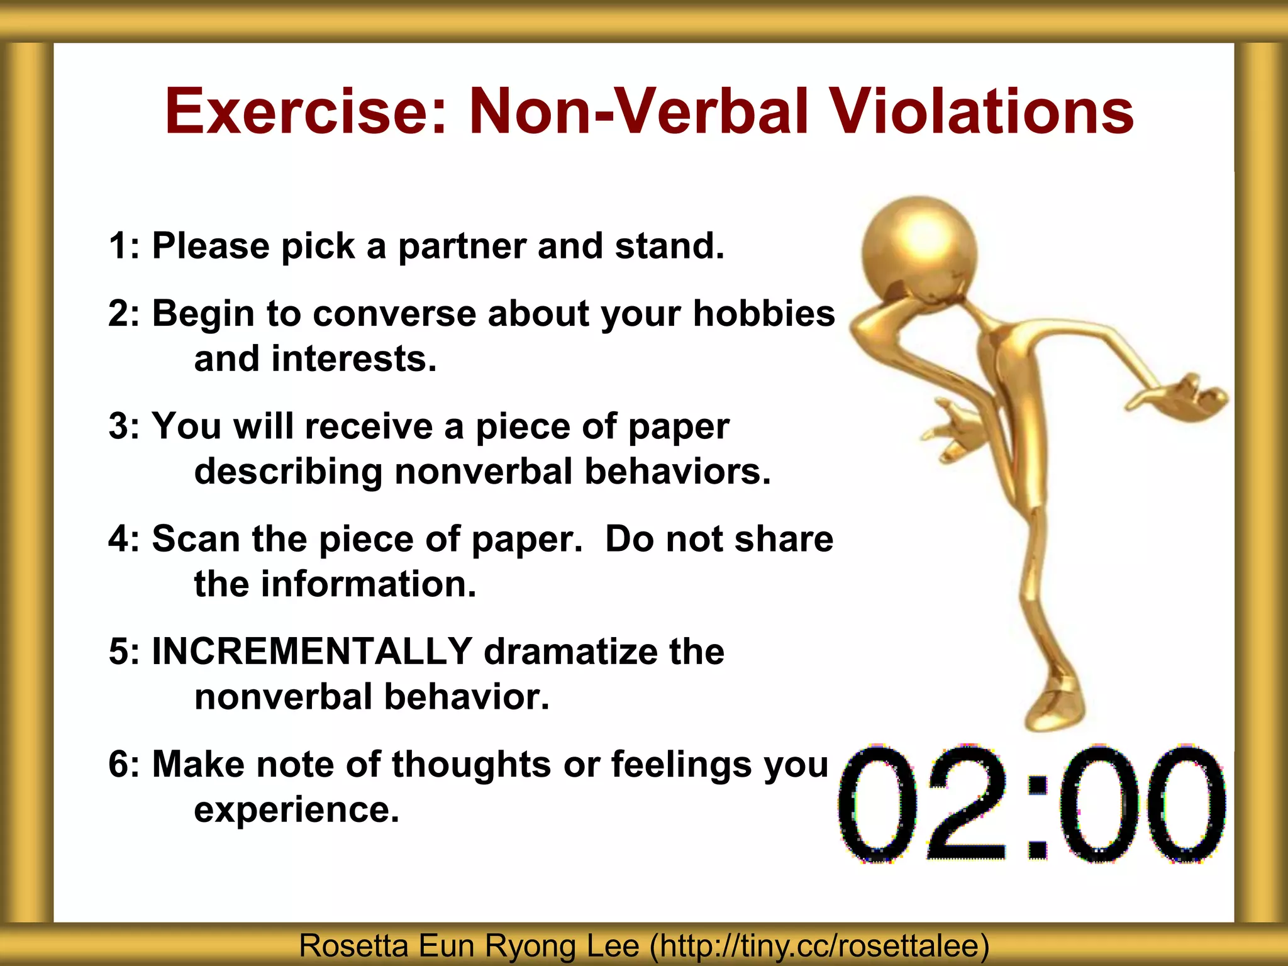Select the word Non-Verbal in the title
pyautogui.click(x=638, y=112)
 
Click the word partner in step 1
pyautogui.click(x=462, y=246)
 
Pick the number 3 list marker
pyautogui.click(x=118, y=426)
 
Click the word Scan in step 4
pyautogui.click(x=196, y=539)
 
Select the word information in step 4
pyautogui.click(x=369, y=584)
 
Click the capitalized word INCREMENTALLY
pyautogui.click(x=312, y=652)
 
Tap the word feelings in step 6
pyautogui.click(x=682, y=764)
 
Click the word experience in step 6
pyautogui.click(x=296, y=809)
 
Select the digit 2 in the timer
pyautogui.click(x=965, y=805)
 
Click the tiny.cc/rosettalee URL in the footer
pyautogui.click(x=818, y=945)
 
